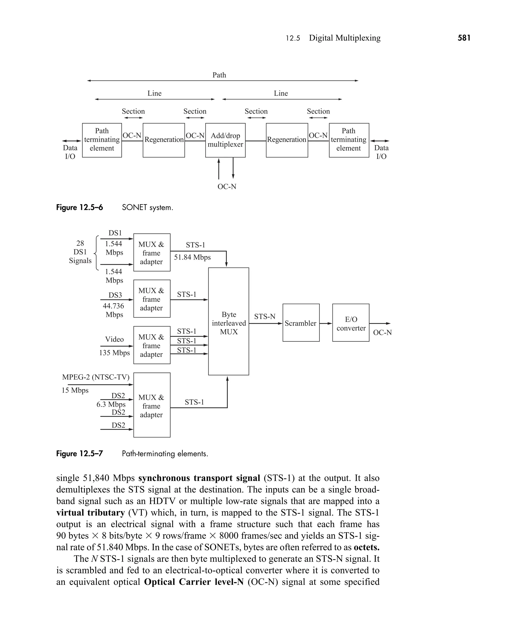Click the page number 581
[464, 38]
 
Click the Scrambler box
[301, 323]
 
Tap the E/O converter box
[351, 323]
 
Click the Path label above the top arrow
[219, 75]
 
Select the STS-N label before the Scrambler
[265, 316]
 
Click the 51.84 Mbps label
[192, 257]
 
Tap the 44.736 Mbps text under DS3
[114, 310]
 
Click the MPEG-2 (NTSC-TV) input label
[96, 377]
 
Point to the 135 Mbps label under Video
[115, 353]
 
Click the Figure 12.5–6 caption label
[80, 208]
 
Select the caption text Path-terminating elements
[165, 453]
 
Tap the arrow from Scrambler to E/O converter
[326, 324]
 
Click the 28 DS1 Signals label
[80, 252]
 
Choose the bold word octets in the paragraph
[367, 547]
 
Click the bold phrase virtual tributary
[91, 513]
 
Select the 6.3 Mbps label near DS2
[111, 404]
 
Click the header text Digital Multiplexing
[344, 38]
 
